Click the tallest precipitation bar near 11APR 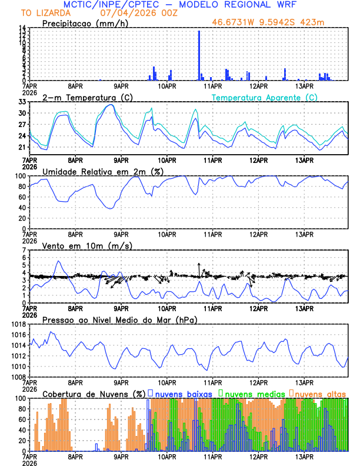pyautogui.click(x=199, y=56)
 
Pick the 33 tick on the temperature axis pyautogui.click(x=22, y=102)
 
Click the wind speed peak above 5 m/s pyautogui.click(x=58, y=261)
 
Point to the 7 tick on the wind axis pyautogui.click(x=24, y=250)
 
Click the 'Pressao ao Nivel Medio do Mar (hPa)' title pyautogui.click(x=119, y=319)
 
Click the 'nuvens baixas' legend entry pyautogui.click(x=183, y=392)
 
